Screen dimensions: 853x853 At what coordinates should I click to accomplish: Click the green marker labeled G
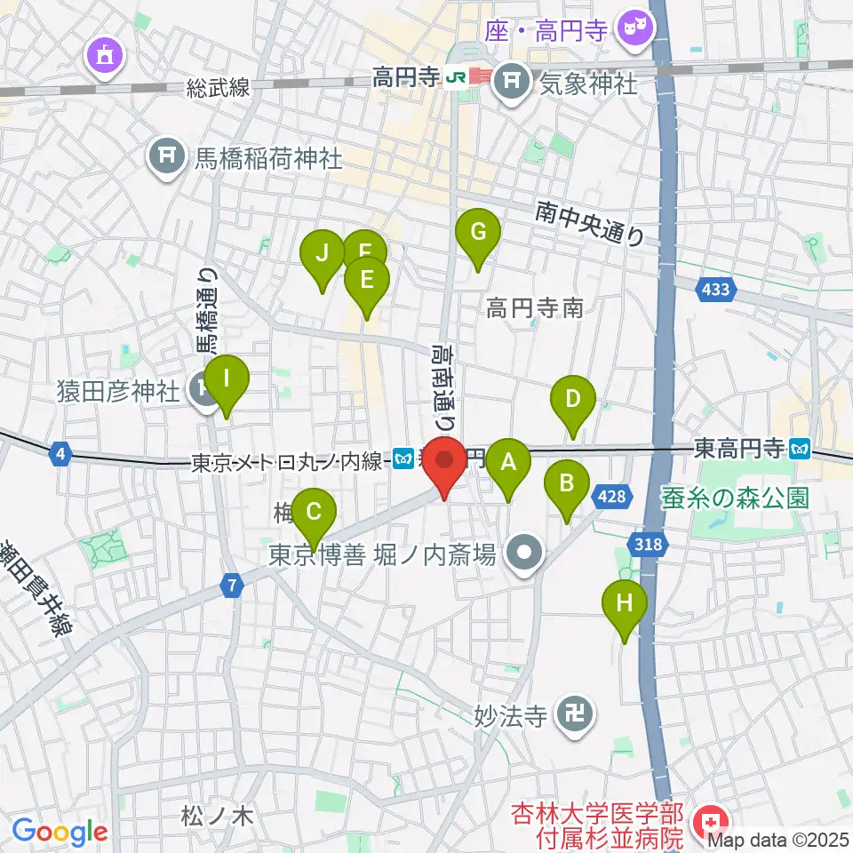click(478, 234)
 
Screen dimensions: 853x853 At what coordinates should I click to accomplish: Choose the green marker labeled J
click(322, 254)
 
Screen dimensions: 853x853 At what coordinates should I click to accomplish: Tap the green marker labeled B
click(566, 484)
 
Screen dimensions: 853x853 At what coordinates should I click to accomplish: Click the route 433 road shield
click(716, 289)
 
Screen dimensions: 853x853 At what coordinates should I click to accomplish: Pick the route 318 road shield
click(649, 545)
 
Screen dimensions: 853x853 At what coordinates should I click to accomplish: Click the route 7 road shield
click(233, 585)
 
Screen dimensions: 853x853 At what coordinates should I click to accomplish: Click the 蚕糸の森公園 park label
click(736, 498)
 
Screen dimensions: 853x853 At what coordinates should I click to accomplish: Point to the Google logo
click(60, 832)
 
